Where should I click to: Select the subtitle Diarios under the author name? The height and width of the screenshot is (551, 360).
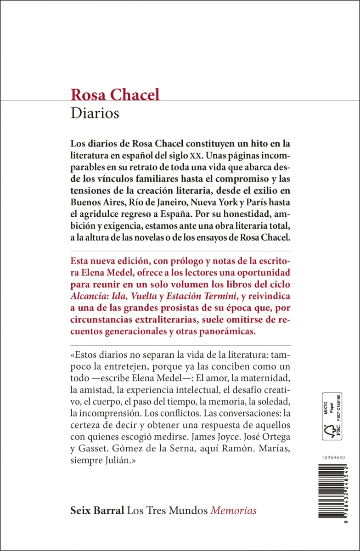(95, 113)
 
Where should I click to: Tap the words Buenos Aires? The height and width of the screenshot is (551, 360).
(95, 214)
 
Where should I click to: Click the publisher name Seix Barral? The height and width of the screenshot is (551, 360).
(97, 498)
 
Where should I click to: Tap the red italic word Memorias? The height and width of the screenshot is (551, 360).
(234, 498)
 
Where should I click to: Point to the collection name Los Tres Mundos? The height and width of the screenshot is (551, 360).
(168, 498)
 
